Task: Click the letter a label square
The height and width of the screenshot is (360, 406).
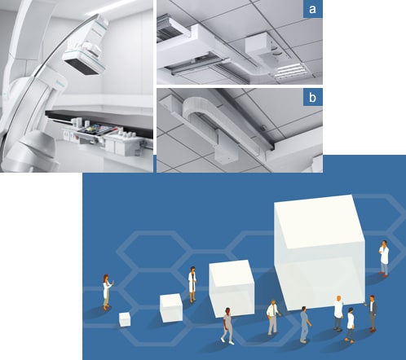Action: [x=313, y=9]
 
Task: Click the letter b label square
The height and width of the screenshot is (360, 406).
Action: [x=313, y=97]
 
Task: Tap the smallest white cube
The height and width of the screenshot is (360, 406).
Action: [x=125, y=319]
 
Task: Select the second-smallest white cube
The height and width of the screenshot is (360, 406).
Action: [x=171, y=308]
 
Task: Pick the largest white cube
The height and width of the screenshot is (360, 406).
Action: [x=320, y=252]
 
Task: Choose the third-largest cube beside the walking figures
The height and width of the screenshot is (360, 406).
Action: [x=232, y=288]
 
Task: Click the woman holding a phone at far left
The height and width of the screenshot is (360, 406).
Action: [x=108, y=292]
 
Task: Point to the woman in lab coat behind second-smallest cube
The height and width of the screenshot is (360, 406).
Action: [x=192, y=284]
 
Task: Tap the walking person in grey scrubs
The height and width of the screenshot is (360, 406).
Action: [x=227, y=326]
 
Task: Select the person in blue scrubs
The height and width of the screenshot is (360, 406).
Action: [x=305, y=324]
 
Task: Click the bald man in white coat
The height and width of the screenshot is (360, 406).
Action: [x=338, y=313]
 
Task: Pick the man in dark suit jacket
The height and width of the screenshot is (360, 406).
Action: [x=373, y=314]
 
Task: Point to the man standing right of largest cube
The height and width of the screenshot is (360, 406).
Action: [x=384, y=258]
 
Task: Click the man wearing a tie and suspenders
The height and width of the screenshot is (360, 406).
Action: [x=273, y=318]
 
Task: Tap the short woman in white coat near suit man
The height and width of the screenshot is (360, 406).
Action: [x=351, y=325]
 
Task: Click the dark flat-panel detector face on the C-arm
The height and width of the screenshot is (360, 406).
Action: [x=83, y=68]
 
